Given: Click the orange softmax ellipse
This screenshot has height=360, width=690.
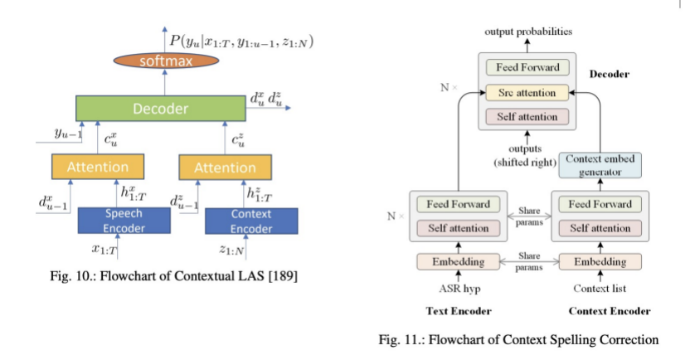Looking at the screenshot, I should click(x=164, y=60).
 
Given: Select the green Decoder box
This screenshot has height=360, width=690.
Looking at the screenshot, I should click(x=161, y=109).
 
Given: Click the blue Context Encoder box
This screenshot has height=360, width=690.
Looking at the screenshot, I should click(x=250, y=221).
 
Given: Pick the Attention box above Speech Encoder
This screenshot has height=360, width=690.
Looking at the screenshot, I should click(x=98, y=167).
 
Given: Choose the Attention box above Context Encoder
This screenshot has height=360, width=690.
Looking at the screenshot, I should click(x=225, y=167).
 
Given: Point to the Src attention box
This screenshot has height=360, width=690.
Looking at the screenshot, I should click(x=527, y=92).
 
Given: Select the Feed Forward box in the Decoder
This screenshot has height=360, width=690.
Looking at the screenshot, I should click(x=527, y=68).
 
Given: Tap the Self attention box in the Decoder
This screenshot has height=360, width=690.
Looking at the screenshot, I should click(x=527, y=117).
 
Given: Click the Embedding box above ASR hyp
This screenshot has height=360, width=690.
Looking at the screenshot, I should click(x=459, y=262).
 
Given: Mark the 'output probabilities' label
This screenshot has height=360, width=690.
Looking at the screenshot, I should click(x=528, y=32).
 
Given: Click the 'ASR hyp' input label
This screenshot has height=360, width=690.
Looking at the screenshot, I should click(x=459, y=289).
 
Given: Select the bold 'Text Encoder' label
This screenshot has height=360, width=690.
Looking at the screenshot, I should click(x=459, y=312).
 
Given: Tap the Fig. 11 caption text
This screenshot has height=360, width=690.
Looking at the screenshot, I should click(x=518, y=339).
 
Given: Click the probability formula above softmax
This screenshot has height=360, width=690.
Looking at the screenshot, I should click(x=241, y=41).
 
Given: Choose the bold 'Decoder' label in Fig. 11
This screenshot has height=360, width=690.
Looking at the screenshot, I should click(x=609, y=74).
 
